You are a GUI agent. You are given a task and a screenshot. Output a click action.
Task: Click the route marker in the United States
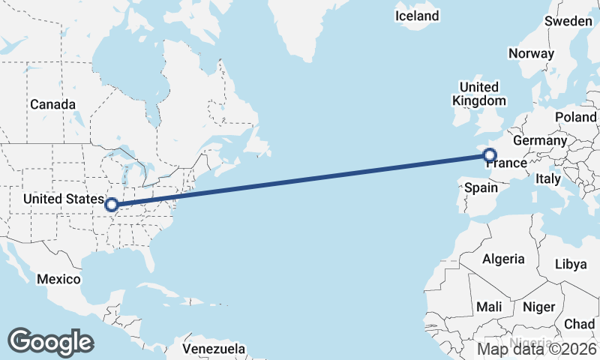point(111,204)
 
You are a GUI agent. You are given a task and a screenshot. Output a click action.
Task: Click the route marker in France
point(490,156)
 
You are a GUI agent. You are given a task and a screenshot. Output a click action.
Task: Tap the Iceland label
point(418,16)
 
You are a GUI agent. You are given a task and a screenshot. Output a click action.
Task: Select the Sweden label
point(568,22)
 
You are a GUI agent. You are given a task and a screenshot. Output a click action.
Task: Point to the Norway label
point(531,53)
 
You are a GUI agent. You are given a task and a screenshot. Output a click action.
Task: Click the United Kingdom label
point(479,94)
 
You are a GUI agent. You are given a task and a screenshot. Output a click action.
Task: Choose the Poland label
point(576,118)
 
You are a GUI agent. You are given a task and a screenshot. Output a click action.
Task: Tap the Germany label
point(540,140)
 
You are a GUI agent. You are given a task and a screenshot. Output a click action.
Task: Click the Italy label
point(547,179)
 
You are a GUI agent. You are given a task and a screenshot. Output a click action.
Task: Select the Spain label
point(481,187)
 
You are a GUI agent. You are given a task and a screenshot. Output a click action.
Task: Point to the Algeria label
point(503,259)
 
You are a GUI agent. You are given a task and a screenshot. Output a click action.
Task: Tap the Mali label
point(489,307)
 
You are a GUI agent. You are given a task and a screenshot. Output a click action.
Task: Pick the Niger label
point(538,307)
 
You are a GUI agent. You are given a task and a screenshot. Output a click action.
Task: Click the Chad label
point(579,324)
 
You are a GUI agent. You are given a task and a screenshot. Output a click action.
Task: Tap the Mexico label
point(58,279)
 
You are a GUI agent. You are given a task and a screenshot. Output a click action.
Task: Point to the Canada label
point(52,104)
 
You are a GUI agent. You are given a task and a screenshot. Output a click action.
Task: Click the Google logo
point(50,341)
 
